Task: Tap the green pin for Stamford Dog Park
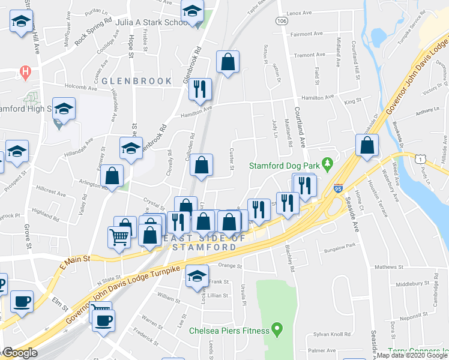pyautogui.click(x=327, y=163)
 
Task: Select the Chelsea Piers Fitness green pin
pyautogui.click(x=276, y=329)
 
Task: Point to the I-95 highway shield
pyautogui.click(x=339, y=188)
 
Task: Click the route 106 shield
pyautogui.click(x=281, y=21)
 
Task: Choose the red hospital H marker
pyautogui.click(x=25, y=73)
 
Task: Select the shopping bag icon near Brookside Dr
pyautogui.click(x=367, y=146)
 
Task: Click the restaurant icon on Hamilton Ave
pyautogui.click(x=200, y=89)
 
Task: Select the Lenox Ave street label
pyautogui.click(x=300, y=13)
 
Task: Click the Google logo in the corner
pyautogui.click(x=20, y=353)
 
